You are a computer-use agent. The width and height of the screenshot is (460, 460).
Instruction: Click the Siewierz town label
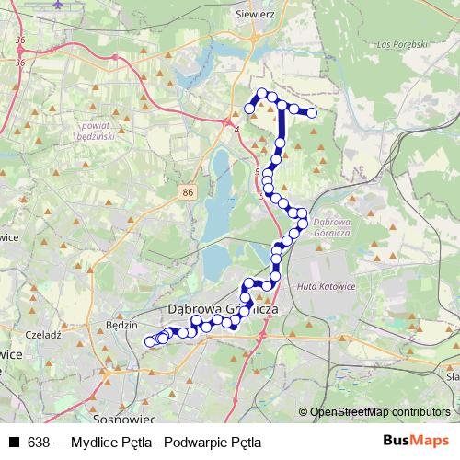[257, 15]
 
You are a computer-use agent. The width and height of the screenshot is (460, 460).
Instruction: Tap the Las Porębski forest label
[404, 43]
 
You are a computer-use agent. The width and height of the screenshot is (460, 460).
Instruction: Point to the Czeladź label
[43, 336]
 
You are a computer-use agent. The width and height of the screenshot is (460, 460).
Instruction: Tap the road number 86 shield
[188, 190]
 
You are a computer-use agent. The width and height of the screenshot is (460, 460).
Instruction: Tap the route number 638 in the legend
[39, 442]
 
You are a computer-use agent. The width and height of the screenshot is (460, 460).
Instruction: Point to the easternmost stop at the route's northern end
[312, 112]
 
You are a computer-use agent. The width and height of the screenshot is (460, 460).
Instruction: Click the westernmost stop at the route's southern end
[150, 342]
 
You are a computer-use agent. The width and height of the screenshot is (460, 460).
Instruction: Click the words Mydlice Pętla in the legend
[115, 442]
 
